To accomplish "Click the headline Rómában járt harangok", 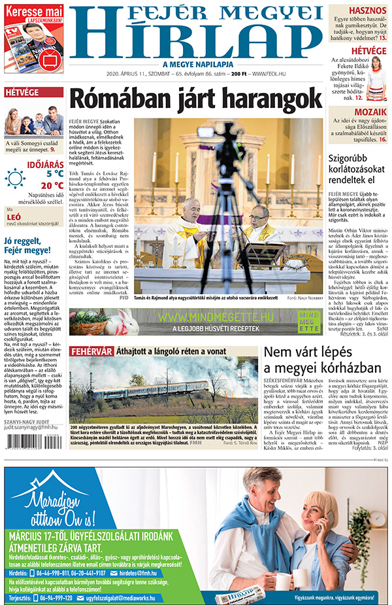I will coord(195,99).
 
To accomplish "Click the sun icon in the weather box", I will coord(14,178).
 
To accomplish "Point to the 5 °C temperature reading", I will coord(54,174).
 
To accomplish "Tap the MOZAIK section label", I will coord(370,112).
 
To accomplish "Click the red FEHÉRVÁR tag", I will coord(91,351).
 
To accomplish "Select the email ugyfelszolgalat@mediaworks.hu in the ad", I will coord(117,597).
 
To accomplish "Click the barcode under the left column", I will coord(22,452).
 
